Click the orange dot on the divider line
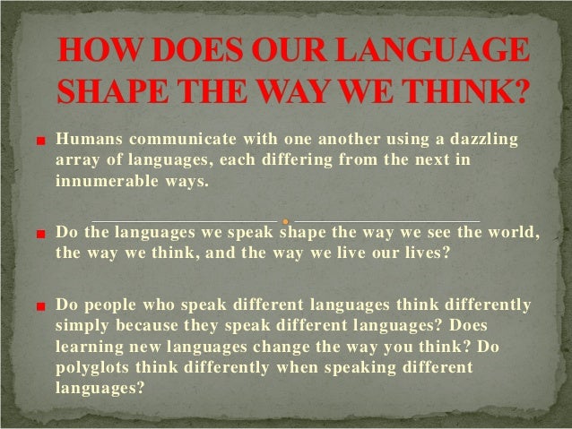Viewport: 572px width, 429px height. click(x=284, y=220)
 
